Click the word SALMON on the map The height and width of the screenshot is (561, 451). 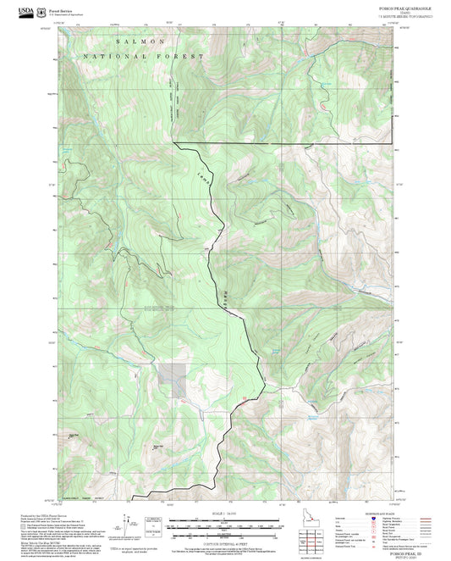(x=133, y=41)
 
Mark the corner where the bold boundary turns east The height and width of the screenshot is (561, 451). (x=174, y=144)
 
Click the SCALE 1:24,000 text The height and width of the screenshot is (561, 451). (x=226, y=514)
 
